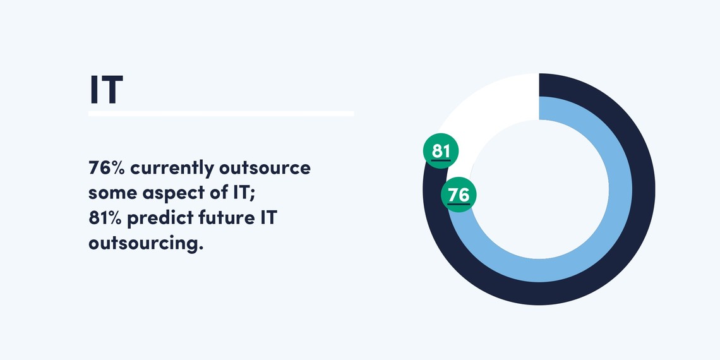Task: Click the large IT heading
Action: pos(106,89)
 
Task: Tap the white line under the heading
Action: pos(221,114)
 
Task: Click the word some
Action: pos(112,193)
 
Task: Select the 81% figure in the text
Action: pos(105,218)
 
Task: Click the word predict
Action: pos(160,219)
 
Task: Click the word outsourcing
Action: pos(145,244)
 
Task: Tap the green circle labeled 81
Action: pos(441,150)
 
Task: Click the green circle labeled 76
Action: pos(459,195)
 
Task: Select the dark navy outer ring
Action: pos(644,189)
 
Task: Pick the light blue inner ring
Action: pos(620,189)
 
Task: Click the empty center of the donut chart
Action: pos(539,189)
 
